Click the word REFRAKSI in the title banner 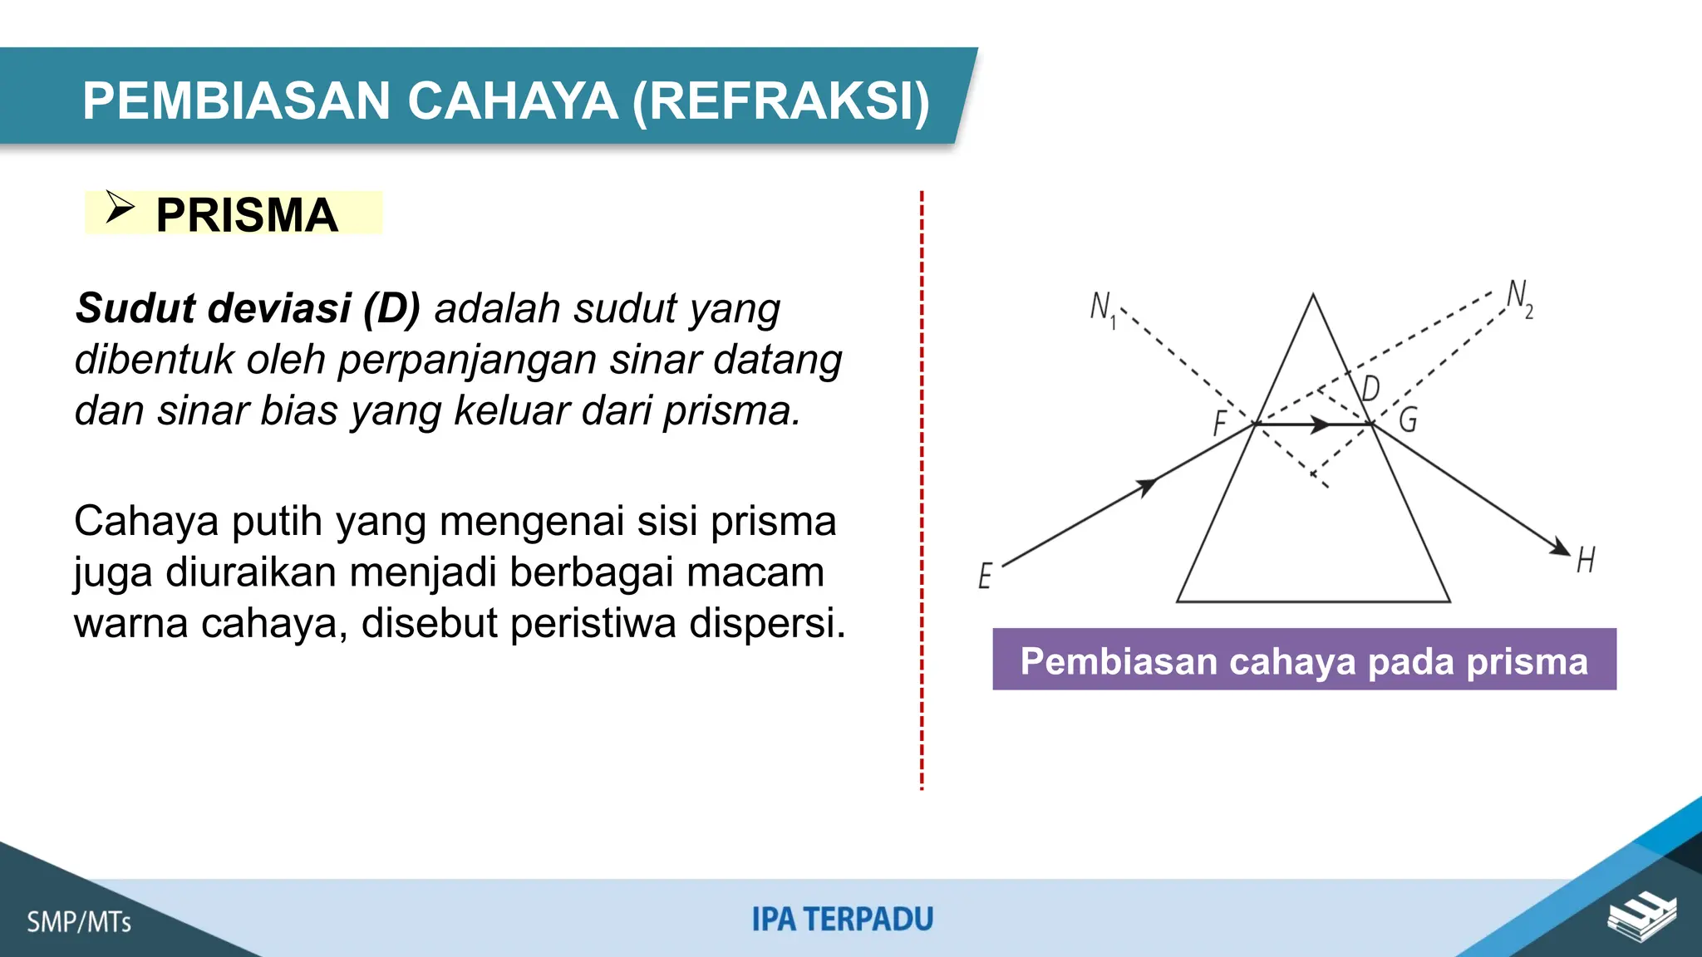pyautogui.click(x=780, y=101)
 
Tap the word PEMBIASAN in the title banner pyautogui.click(x=236, y=101)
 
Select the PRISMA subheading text pyautogui.click(x=247, y=215)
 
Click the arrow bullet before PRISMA pyautogui.click(x=120, y=208)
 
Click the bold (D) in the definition pyautogui.click(x=391, y=308)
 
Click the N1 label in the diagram pyautogui.click(x=1103, y=307)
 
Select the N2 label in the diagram pyautogui.click(x=1520, y=298)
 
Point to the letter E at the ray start pyautogui.click(x=985, y=575)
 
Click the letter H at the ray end pyautogui.click(x=1586, y=560)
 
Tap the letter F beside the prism pyautogui.click(x=1219, y=423)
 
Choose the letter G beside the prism pyautogui.click(x=1408, y=420)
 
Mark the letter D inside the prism pyautogui.click(x=1370, y=388)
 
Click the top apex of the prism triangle pyautogui.click(x=1313, y=295)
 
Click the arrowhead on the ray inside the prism pyautogui.click(x=1321, y=425)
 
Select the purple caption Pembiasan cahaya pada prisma pyautogui.click(x=1304, y=660)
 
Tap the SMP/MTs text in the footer pyautogui.click(x=79, y=922)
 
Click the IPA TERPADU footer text pyautogui.click(x=843, y=920)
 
